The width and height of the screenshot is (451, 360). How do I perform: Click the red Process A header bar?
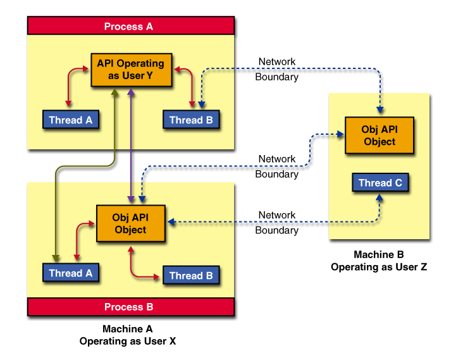130,26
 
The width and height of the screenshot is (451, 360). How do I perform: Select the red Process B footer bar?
130,307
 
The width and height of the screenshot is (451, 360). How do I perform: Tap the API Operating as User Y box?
130,69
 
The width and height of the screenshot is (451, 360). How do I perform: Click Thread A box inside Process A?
70,120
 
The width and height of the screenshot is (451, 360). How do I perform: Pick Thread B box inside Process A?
190,120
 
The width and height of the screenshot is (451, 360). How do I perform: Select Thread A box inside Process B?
70,273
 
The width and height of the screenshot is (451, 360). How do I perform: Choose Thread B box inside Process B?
190,275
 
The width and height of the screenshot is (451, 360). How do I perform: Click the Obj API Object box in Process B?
130,223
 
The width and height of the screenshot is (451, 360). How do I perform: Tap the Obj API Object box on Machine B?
379,135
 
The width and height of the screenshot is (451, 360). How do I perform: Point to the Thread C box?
380,183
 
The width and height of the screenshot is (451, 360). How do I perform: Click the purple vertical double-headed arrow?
131,146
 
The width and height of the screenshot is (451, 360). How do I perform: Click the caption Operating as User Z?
379,267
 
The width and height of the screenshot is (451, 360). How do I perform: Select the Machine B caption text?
379,255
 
